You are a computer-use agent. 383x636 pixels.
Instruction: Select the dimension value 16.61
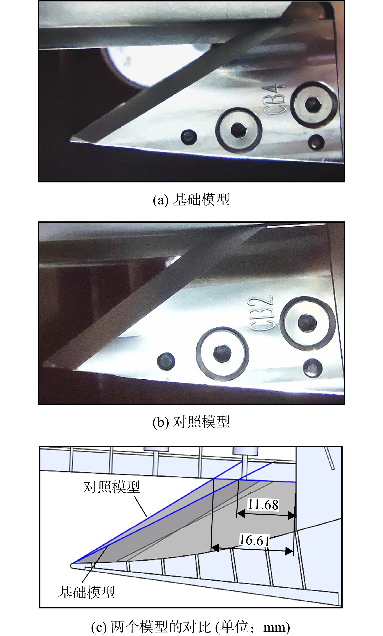coord(254,540)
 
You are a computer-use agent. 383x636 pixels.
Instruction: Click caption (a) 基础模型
coord(191,200)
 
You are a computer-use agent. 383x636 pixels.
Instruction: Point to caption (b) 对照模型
coord(191,422)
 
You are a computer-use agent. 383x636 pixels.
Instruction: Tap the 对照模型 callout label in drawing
coord(112,487)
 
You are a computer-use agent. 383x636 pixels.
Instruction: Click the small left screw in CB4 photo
coord(189,137)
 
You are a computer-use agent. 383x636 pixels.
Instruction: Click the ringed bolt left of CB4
coord(239,130)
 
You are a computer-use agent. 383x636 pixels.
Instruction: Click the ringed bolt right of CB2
coord(307,323)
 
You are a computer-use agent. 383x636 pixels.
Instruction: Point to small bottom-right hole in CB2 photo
coord(313,368)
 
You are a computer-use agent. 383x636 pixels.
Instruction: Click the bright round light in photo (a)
coord(155,66)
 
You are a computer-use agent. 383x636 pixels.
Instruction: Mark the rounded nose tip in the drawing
coord(72,566)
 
